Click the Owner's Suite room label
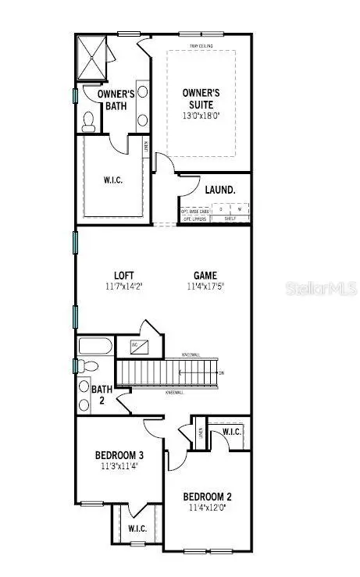tap(201, 98)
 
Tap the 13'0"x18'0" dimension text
tap(201, 116)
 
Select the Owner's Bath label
tap(116, 99)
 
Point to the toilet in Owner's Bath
tap(89, 119)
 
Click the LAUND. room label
tap(219, 190)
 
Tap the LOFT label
tap(124, 275)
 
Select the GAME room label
tap(206, 275)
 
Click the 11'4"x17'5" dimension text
tap(206, 287)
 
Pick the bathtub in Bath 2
tap(94, 347)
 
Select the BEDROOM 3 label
tap(119, 455)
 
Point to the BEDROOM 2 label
tap(207, 497)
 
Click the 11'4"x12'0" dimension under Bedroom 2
tap(207, 508)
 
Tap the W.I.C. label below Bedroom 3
tap(137, 529)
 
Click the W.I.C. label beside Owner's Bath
tap(114, 179)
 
